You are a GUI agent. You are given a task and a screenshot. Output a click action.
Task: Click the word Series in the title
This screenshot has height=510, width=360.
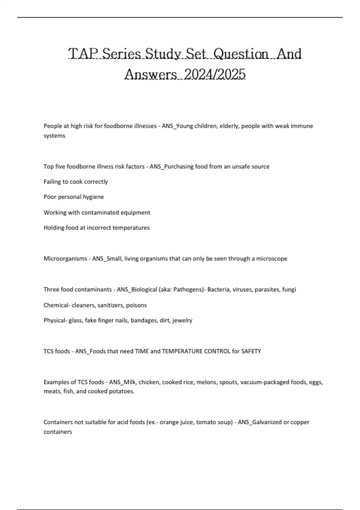(x=122, y=54)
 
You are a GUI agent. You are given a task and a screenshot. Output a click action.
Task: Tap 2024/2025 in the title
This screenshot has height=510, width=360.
(x=215, y=74)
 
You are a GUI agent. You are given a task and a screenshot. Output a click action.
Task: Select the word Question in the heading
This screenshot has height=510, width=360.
(x=242, y=54)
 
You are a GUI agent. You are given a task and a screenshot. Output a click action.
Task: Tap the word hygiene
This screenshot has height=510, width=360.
(x=94, y=197)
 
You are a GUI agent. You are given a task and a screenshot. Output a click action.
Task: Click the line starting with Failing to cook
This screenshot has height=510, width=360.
(x=76, y=182)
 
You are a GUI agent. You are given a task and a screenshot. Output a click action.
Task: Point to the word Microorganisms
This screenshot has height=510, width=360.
(x=65, y=259)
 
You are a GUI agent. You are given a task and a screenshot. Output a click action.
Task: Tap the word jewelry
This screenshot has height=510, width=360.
(x=183, y=320)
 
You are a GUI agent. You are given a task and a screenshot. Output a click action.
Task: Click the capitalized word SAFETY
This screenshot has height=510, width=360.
(x=251, y=351)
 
